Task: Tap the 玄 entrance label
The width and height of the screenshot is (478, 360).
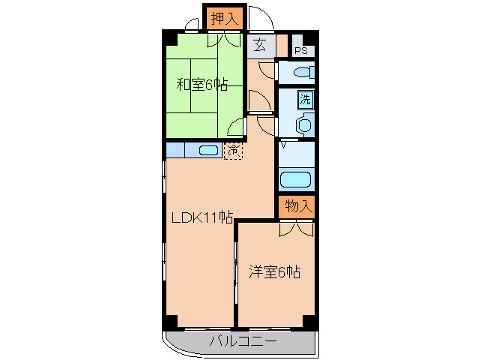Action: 259,44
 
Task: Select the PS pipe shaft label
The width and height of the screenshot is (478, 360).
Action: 301,51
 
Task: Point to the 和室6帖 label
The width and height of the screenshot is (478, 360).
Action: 202,83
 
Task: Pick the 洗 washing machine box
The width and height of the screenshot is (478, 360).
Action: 306,98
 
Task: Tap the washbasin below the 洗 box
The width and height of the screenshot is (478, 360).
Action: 304,124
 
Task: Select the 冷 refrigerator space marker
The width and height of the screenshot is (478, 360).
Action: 233,150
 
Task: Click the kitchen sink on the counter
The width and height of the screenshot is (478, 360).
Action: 209,151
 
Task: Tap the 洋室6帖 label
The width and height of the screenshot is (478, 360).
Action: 275,272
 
